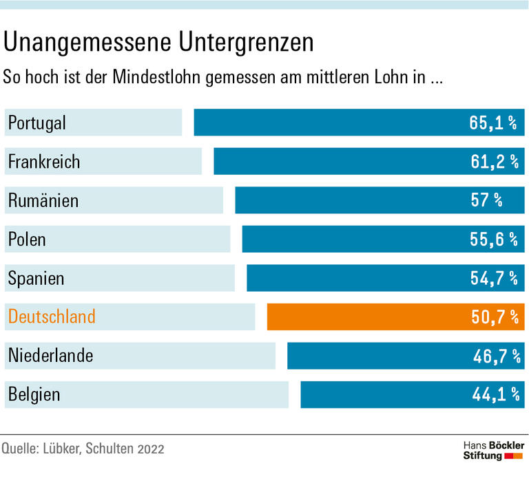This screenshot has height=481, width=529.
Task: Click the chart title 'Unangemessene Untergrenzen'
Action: (158, 43)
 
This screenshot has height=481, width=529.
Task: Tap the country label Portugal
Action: (37, 123)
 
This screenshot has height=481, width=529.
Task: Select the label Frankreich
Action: (44, 162)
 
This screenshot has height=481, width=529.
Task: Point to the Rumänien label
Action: (43, 201)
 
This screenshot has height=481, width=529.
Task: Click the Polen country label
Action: (28, 239)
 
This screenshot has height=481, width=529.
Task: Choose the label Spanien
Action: (37, 279)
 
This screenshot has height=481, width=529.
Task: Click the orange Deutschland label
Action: (52, 317)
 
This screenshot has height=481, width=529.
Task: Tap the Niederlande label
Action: (51, 356)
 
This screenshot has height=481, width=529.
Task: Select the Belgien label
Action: (34, 395)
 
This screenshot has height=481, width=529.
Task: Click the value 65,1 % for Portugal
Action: (492, 123)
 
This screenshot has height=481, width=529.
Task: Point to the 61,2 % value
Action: (492, 162)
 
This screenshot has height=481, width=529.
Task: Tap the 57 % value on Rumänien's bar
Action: (487, 201)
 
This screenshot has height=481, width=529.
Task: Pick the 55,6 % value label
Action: (492, 239)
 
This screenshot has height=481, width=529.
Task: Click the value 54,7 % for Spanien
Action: (492, 279)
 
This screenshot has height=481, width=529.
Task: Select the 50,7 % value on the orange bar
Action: (492, 317)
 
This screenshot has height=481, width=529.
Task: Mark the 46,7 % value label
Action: (492, 356)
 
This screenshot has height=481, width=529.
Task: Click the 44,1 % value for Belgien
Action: (492, 395)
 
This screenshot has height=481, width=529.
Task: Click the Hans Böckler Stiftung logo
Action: (492, 451)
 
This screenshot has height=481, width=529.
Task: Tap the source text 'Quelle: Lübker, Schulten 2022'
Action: (83, 450)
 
